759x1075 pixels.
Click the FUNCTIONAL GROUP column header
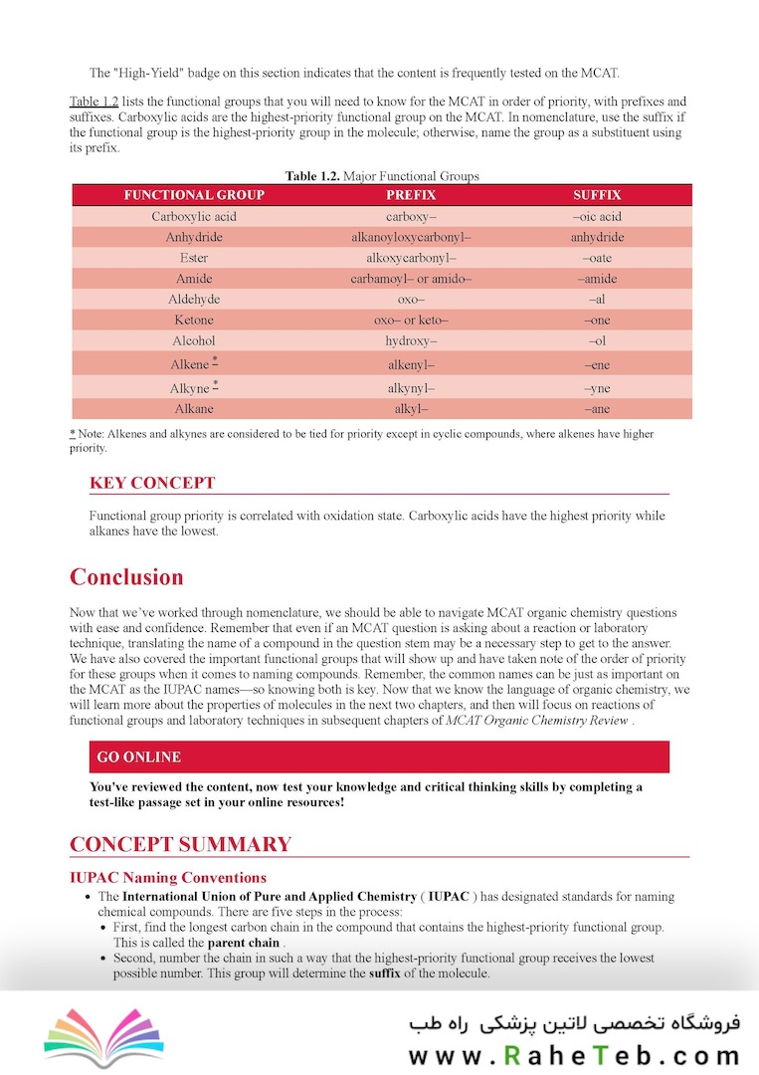[x=194, y=195]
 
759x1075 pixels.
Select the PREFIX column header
[x=411, y=195]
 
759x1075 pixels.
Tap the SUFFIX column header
[x=597, y=195]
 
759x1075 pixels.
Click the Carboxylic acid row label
[x=194, y=216]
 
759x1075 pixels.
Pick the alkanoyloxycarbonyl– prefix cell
[x=411, y=237]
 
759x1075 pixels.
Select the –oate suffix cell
[x=597, y=258]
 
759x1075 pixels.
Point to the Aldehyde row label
[x=194, y=299]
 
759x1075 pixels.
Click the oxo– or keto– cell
[x=411, y=320]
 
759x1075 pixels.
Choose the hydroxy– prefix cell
[x=411, y=340]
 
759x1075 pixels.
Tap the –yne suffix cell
[x=597, y=387]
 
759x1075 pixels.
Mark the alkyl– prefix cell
[x=411, y=408]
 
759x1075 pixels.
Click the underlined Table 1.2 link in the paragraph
[x=94, y=102]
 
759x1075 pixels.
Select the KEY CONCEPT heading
[x=151, y=483]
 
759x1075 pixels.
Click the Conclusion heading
[x=126, y=577]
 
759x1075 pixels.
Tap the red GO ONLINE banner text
[x=138, y=757]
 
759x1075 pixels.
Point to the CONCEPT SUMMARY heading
[x=180, y=844]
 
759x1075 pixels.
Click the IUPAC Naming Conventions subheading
[x=167, y=877]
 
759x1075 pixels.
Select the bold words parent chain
[x=243, y=943]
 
